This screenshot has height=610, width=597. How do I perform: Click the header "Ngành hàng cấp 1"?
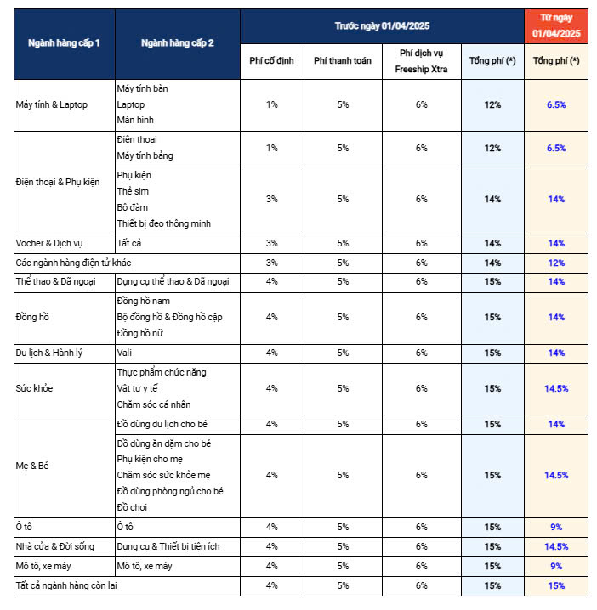(64, 43)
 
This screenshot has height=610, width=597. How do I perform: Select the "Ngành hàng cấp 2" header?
(177, 43)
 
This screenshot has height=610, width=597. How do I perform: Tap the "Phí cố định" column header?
(271, 61)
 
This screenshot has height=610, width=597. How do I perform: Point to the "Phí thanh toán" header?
(343, 61)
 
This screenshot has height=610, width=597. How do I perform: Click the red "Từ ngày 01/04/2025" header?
(555, 25)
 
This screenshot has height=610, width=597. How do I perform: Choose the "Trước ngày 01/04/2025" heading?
(382, 25)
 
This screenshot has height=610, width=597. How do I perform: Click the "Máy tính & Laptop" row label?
(52, 104)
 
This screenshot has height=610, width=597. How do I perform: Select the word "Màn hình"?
(136, 121)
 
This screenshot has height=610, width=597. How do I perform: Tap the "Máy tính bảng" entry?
(145, 155)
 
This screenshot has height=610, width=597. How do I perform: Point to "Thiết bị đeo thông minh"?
(163, 223)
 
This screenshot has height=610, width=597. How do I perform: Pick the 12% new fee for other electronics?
(556, 263)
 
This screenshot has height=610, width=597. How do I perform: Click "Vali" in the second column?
(124, 352)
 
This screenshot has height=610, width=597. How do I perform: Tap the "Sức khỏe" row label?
(35, 388)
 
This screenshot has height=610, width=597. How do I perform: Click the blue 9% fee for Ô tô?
(556, 527)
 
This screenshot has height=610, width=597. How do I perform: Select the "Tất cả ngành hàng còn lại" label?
(76, 585)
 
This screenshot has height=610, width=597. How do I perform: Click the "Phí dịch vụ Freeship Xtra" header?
(421, 61)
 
